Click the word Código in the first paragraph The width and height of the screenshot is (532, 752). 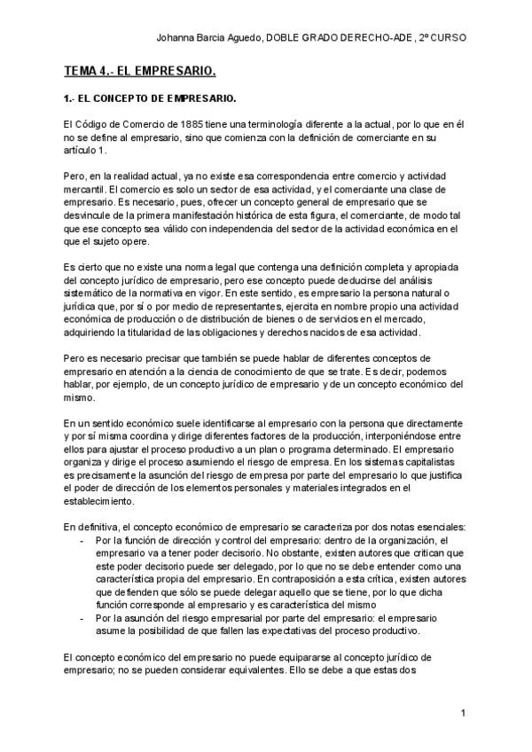pyautogui.click(x=94, y=127)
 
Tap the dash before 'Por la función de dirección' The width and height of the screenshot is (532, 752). pyautogui.click(x=82, y=540)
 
